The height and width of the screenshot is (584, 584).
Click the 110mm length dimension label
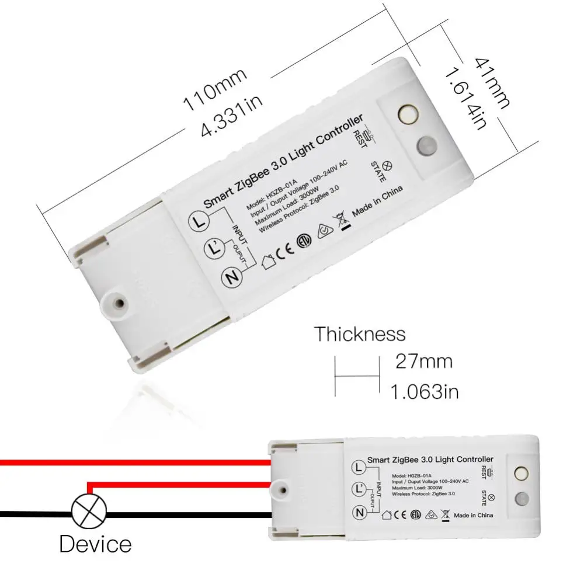tap(215, 89)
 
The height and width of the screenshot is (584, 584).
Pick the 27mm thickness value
tap(423, 361)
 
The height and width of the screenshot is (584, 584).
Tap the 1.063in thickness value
tap(425, 391)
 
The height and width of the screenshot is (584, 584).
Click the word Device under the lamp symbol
tap(95, 544)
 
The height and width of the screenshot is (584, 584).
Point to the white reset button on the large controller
tap(407, 113)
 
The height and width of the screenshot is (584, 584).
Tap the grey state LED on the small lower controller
tap(522, 499)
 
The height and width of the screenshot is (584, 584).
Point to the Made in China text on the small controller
tap(473, 515)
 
